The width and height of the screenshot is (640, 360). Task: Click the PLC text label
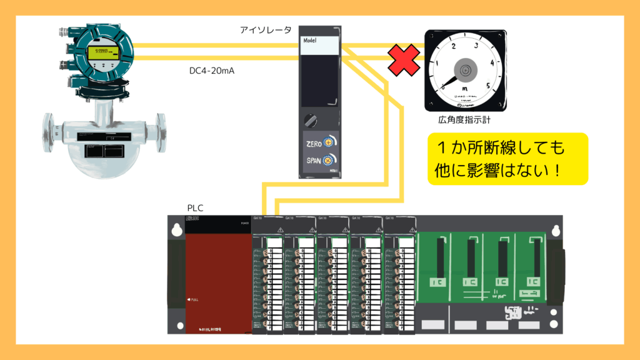pyautogui.click(x=195, y=207)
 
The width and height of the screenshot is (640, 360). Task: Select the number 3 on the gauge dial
pyautogui.click(x=476, y=45)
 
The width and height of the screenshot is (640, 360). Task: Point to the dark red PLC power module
pyautogui.click(x=218, y=275)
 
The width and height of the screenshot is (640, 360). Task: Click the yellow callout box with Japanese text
pyautogui.click(x=507, y=158)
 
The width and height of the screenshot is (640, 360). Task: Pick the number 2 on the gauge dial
pyautogui.click(x=453, y=46)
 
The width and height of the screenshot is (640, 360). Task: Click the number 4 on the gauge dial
pyautogui.click(x=493, y=62)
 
